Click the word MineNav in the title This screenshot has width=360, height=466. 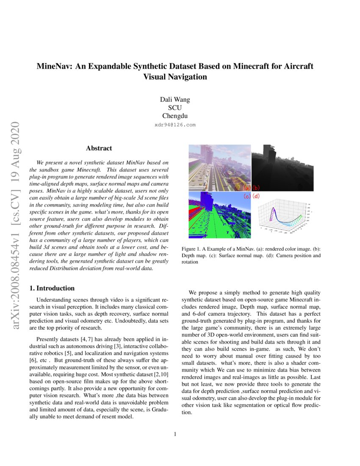click(x=54, y=67)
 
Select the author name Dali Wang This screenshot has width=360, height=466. click(x=175, y=100)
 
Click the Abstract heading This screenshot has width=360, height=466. click(x=99, y=148)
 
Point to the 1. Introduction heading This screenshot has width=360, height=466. click(x=52, y=288)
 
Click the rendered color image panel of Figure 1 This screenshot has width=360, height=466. click(x=218, y=168)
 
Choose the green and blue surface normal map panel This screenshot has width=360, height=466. click(x=218, y=215)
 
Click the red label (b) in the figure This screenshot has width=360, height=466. click(x=256, y=188)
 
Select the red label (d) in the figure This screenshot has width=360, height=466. click(x=256, y=196)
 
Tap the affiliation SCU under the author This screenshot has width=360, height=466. click(x=175, y=108)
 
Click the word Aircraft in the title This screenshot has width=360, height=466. click(x=298, y=67)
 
